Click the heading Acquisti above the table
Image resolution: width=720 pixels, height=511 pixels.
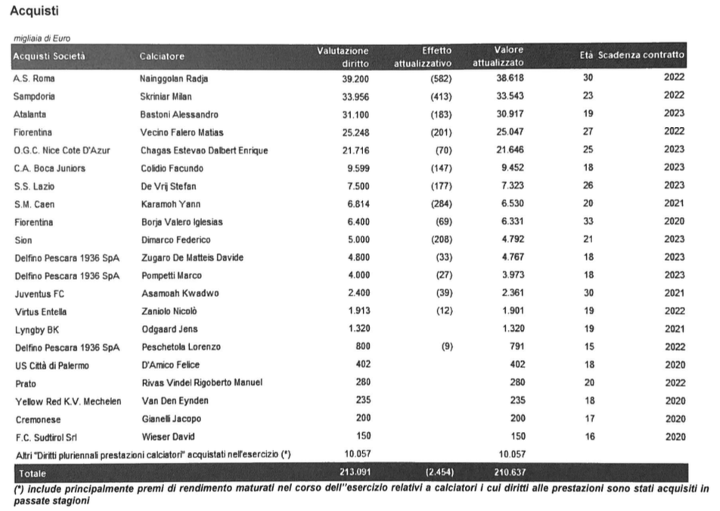coord(35,12)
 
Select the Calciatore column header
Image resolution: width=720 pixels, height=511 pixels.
coord(162,56)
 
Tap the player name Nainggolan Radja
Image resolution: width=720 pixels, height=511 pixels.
coord(175,79)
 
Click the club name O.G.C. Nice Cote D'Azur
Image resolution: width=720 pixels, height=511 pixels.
coord(62,150)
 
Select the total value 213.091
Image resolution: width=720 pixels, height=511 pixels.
coord(349,473)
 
